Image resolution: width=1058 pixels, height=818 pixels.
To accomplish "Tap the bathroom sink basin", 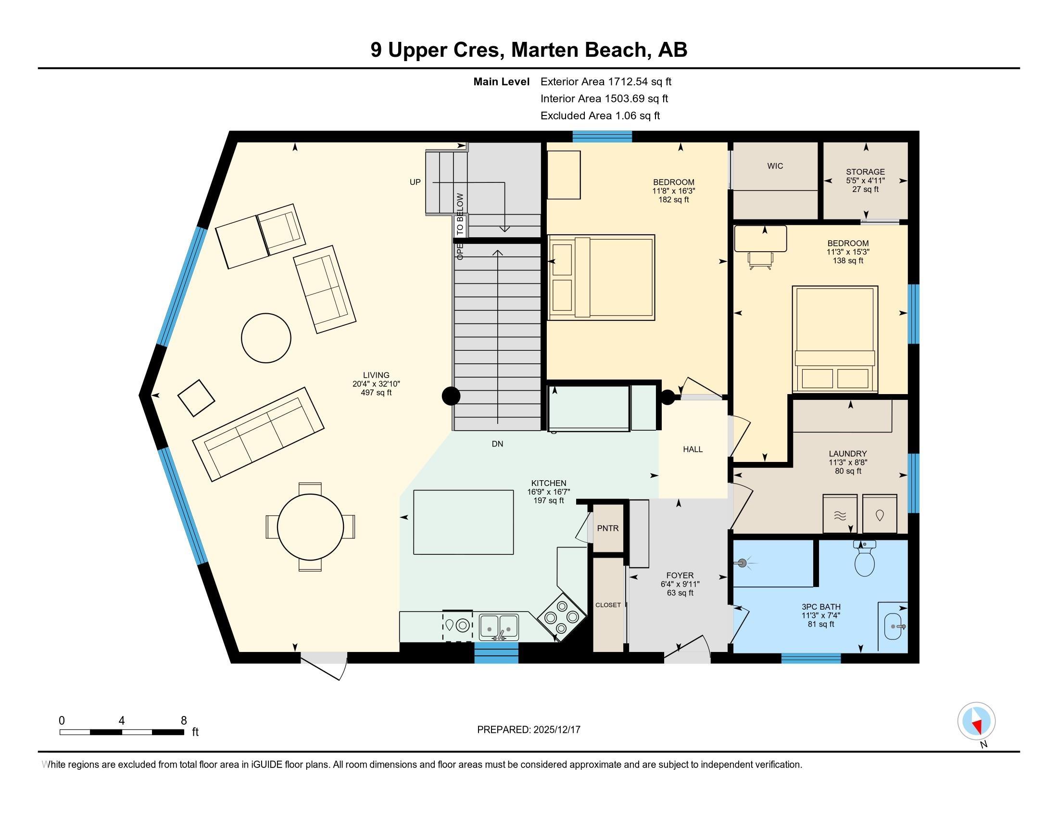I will [x=893, y=626].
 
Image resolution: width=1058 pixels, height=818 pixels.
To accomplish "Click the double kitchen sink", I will [x=499, y=627].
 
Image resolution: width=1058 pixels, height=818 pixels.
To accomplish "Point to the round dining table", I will [x=310, y=527].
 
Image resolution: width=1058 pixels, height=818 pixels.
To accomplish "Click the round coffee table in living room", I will [x=266, y=338].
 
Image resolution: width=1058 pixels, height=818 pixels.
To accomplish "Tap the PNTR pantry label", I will [x=607, y=528].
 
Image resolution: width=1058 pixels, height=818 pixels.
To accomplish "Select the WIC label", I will [x=775, y=166].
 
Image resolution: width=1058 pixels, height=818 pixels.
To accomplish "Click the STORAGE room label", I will [x=865, y=172].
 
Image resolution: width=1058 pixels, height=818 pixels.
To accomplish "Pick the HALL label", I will [x=693, y=449].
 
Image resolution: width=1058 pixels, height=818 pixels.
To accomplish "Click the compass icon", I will [x=976, y=721].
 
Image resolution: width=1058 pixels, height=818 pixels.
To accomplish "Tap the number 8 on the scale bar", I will [x=184, y=721].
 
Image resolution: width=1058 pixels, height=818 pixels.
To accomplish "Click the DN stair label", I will [x=497, y=444].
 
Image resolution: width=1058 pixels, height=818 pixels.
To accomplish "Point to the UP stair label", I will [x=415, y=182].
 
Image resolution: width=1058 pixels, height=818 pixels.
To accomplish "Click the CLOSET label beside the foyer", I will [x=607, y=605].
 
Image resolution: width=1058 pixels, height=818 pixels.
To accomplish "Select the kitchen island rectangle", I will [x=463, y=522].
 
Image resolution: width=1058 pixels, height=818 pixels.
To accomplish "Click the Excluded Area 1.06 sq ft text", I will [x=600, y=115].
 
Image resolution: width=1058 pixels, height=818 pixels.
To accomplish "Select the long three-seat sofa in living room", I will [x=258, y=434].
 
